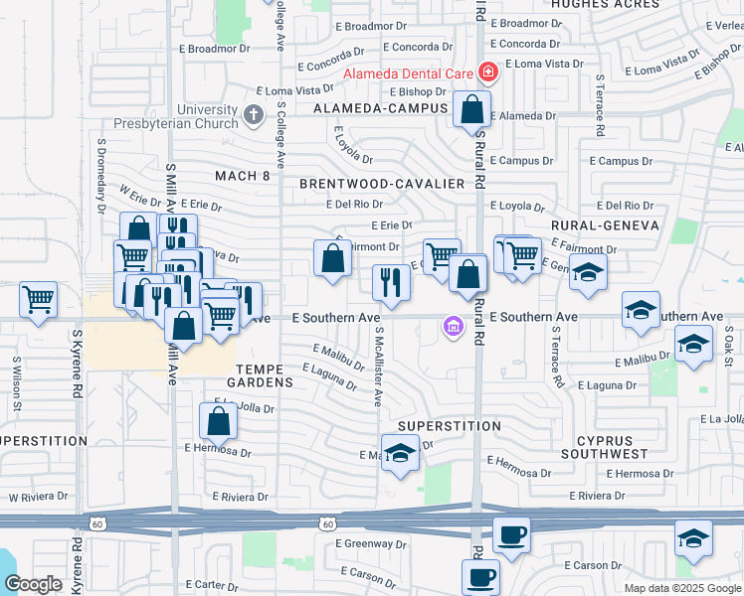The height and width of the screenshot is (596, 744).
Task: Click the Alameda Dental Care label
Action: (x=408, y=73)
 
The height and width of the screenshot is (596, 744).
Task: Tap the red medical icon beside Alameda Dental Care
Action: (x=488, y=72)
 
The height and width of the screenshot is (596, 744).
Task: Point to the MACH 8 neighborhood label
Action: (x=243, y=176)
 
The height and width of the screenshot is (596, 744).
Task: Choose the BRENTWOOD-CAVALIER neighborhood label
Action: (x=382, y=184)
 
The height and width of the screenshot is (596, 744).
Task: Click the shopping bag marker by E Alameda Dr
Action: (x=471, y=110)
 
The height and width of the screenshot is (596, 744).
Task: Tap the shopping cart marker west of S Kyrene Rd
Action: (x=38, y=299)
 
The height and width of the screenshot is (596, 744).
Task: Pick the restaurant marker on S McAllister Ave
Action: (x=391, y=282)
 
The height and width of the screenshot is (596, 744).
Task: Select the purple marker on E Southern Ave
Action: (x=454, y=326)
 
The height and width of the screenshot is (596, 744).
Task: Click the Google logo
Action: (x=33, y=584)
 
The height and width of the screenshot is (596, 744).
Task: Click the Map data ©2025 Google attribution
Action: (x=681, y=588)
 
